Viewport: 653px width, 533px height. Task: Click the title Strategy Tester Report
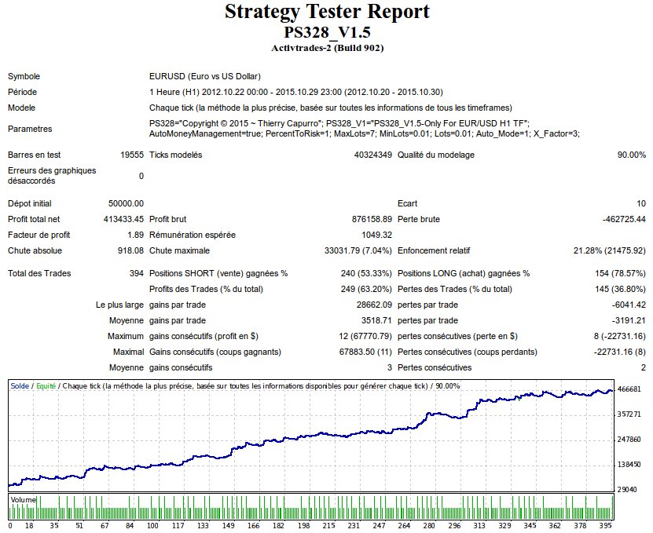pyautogui.click(x=327, y=13)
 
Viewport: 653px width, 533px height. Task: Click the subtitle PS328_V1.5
pyautogui.click(x=327, y=33)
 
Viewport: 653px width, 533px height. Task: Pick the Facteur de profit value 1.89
pyautogui.click(x=135, y=235)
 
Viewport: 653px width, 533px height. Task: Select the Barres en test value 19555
pyautogui.click(x=132, y=155)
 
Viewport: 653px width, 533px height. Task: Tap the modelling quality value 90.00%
pyautogui.click(x=631, y=155)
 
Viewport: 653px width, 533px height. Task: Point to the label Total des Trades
pyautogui.click(x=39, y=273)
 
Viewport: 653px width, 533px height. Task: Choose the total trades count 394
pyautogui.click(x=137, y=273)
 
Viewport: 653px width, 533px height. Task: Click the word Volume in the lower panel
pyautogui.click(x=23, y=498)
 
